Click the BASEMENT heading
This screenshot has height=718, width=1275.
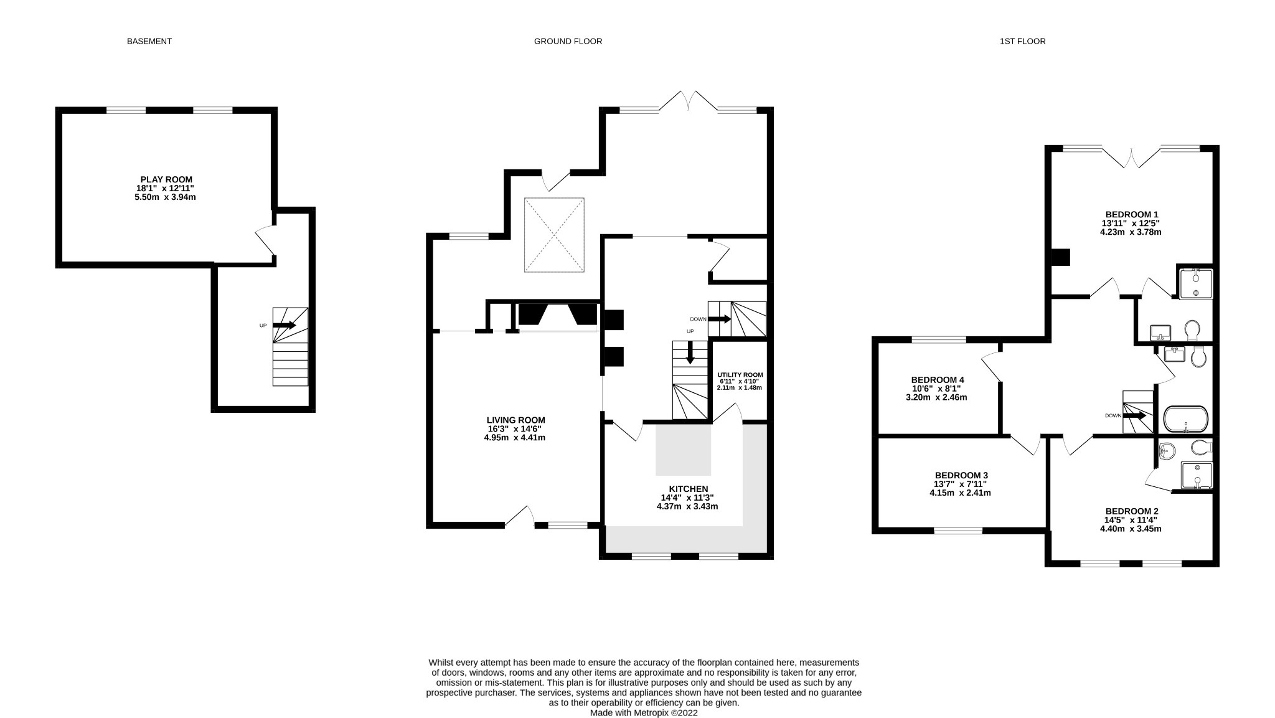[x=149, y=41]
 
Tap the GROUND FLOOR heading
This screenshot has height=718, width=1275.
[x=568, y=41]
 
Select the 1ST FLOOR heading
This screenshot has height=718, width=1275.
[x=1022, y=41]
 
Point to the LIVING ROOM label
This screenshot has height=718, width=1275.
[x=515, y=420]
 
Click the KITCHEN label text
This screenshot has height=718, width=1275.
[x=688, y=489]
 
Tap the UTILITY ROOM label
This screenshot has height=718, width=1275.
[x=740, y=375]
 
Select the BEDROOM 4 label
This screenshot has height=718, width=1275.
[x=937, y=380]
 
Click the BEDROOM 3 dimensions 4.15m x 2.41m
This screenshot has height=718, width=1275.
[x=959, y=493]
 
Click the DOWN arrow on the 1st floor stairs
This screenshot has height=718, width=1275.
[x=1134, y=415]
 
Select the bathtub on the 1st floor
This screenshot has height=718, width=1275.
[x=1185, y=419]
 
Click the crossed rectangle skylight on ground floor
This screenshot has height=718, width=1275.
[x=554, y=235]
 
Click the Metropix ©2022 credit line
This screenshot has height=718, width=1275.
[x=644, y=713]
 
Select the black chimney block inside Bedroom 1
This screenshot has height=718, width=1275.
[x=1060, y=257]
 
